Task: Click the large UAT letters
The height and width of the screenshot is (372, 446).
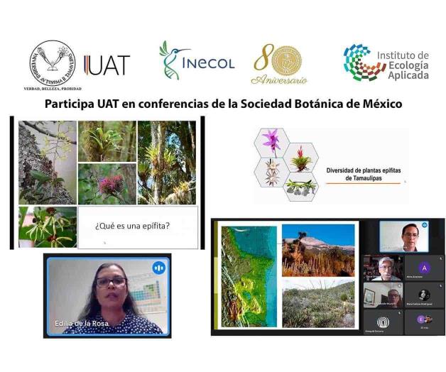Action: pyautogui.click(x=107, y=66)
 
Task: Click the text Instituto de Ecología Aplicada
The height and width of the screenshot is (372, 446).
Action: pyautogui.click(x=403, y=65)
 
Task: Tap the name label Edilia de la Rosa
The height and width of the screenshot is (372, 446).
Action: pyautogui.click(x=81, y=324)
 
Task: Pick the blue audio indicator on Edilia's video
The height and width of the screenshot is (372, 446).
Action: pyautogui.click(x=158, y=268)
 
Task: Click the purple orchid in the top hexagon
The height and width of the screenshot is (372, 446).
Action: pyautogui.click(x=272, y=140)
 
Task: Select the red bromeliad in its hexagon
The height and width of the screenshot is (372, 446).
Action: pyautogui.click(x=303, y=158)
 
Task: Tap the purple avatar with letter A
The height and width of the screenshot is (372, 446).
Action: pyautogui.click(x=424, y=268)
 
